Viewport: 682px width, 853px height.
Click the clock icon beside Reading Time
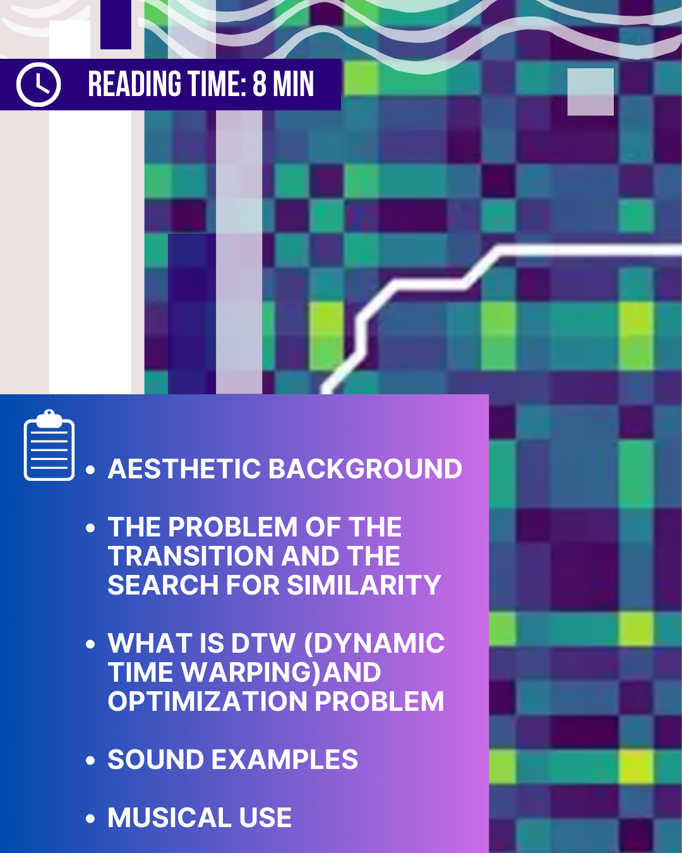[39, 85]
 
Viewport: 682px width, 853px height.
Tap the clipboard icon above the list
[49, 445]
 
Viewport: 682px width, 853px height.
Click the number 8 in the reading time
[259, 83]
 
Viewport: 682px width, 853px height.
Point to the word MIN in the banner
[293, 83]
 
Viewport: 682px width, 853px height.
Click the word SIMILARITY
[364, 584]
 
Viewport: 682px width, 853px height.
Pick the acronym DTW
[263, 643]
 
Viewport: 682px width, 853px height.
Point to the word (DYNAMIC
[374, 643]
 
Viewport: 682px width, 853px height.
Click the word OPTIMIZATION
[208, 701]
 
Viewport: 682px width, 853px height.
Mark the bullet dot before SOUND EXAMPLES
[90, 760]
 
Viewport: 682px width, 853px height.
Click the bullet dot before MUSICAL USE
[90, 818]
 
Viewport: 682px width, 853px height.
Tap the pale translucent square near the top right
[590, 92]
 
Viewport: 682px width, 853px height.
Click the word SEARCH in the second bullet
[163, 584]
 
